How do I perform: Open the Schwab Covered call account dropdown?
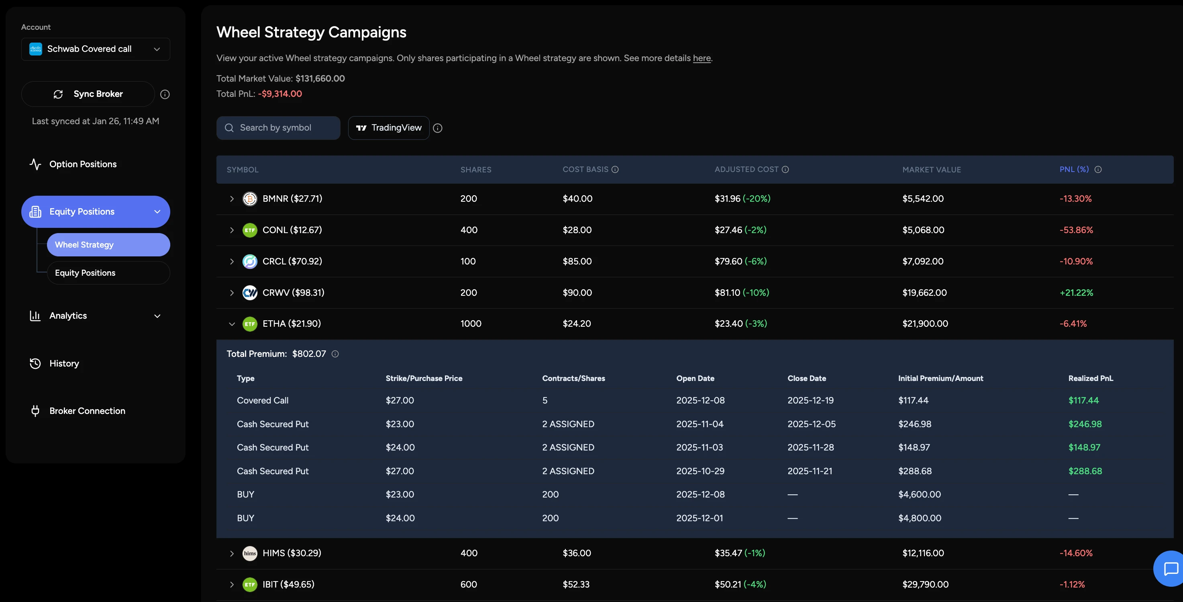[x=96, y=49]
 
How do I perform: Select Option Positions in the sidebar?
[x=83, y=164]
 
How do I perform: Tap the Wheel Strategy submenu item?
[x=108, y=245]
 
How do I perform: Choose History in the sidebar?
[x=64, y=364]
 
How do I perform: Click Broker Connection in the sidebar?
[x=87, y=411]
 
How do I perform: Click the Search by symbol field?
[x=278, y=128]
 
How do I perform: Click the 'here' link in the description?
[x=701, y=58]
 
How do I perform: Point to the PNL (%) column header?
[x=1074, y=170]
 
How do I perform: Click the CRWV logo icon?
[x=250, y=293]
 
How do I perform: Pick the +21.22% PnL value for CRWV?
[x=1076, y=293]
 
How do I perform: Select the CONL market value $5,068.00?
[x=923, y=230]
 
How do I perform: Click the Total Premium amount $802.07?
[x=309, y=354]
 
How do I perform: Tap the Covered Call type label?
[x=262, y=400]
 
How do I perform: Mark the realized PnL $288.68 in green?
[x=1085, y=471]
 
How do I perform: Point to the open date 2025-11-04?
[x=700, y=424]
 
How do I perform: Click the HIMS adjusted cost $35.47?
[x=728, y=553]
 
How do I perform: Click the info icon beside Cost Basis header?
[x=615, y=170]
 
